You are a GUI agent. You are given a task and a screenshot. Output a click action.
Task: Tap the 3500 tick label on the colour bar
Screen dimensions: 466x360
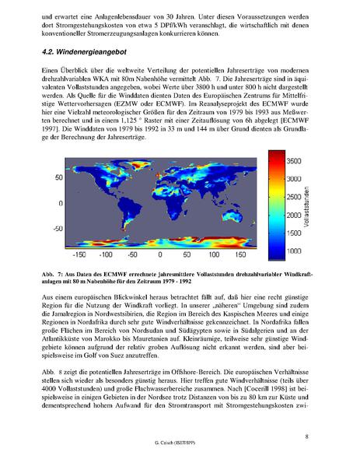coord(294,161)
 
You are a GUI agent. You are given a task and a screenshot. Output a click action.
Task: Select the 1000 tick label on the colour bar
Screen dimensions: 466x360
coord(294,252)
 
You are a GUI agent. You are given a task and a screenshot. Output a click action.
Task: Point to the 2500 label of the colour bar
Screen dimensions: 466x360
coord(294,197)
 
